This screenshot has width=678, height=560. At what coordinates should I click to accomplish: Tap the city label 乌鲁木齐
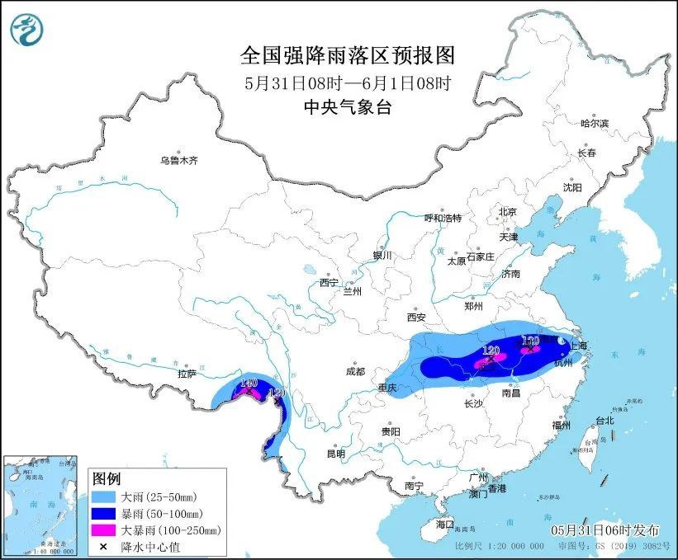click(179, 160)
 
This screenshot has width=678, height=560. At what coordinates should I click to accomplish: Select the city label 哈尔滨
click(594, 123)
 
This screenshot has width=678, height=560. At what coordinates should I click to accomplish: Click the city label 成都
click(356, 371)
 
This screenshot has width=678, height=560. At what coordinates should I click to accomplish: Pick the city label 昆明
click(334, 453)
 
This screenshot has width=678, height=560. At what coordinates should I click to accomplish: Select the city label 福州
click(563, 426)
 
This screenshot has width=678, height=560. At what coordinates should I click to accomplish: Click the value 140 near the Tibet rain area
click(249, 383)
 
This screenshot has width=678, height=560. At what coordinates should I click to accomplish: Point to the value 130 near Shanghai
click(530, 340)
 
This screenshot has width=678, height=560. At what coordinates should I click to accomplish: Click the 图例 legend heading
click(107, 479)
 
